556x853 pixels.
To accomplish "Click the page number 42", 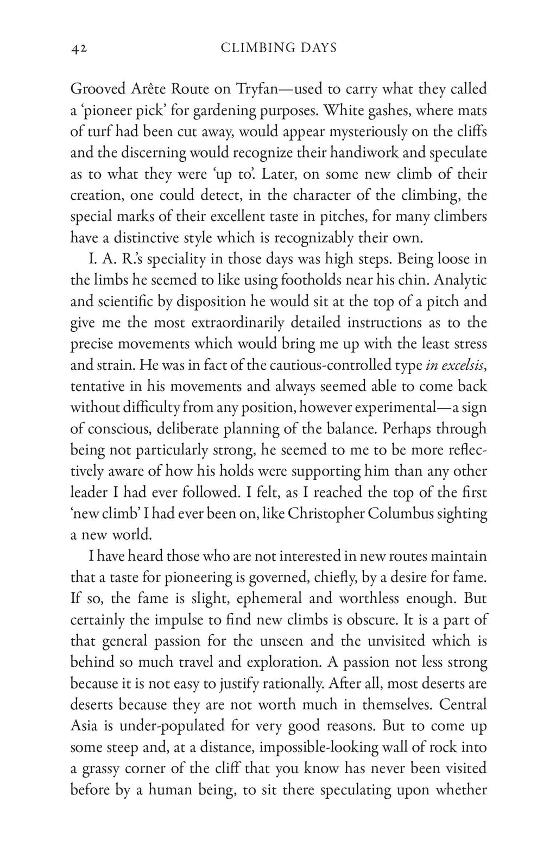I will click(x=79, y=48).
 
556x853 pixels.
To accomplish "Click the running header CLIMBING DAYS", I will click(x=279, y=48).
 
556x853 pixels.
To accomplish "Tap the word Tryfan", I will click(x=257, y=89).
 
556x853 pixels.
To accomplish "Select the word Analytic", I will click(x=461, y=281).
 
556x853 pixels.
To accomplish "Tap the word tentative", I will click(x=97, y=387).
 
